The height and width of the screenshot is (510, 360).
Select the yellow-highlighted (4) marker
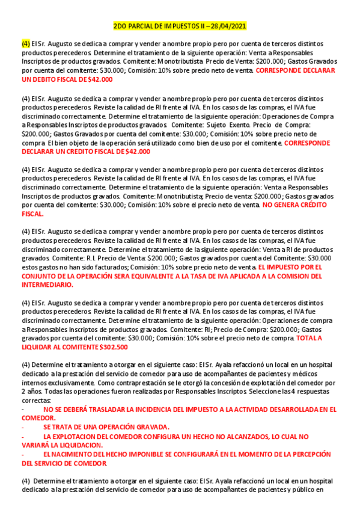pos(26,44)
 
